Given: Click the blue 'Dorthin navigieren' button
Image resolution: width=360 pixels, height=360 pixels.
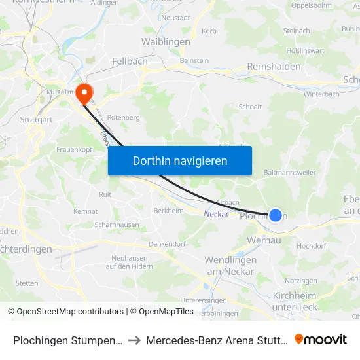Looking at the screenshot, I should click(x=180, y=160).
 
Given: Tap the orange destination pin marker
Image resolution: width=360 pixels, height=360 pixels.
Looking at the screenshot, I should click(x=84, y=94).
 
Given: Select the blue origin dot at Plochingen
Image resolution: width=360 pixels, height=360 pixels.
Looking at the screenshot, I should click(x=276, y=215).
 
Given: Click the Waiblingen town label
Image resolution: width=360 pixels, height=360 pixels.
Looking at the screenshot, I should click(x=166, y=42).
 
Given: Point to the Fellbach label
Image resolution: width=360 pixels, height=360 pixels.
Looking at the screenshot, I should click(x=130, y=60).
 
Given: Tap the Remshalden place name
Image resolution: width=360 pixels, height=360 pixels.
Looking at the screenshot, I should click(x=274, y=67).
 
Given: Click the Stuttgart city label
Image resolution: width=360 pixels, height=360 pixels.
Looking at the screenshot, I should click(x=36, y=120).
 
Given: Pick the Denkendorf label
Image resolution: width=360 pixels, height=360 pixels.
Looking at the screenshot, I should click(x=168, y=244).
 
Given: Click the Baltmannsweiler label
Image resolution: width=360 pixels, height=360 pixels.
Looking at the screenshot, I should click(x=289, y=173).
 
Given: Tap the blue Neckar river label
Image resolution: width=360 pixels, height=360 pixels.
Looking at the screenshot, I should click(x=216, y=214).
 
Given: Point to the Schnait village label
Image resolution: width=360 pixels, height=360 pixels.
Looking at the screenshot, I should click(x=250, y=106).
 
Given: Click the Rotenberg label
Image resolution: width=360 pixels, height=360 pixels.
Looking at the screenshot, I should click(x=124, y=117).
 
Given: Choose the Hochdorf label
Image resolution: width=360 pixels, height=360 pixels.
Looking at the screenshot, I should click(x=311, y=246).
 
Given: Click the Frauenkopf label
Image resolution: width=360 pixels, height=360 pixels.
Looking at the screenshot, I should click(x=74, y=150).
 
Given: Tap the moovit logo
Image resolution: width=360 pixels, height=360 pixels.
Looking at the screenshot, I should click(x=321, y=340).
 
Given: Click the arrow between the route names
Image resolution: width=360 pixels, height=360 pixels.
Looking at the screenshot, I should click(x=133, y=340).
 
